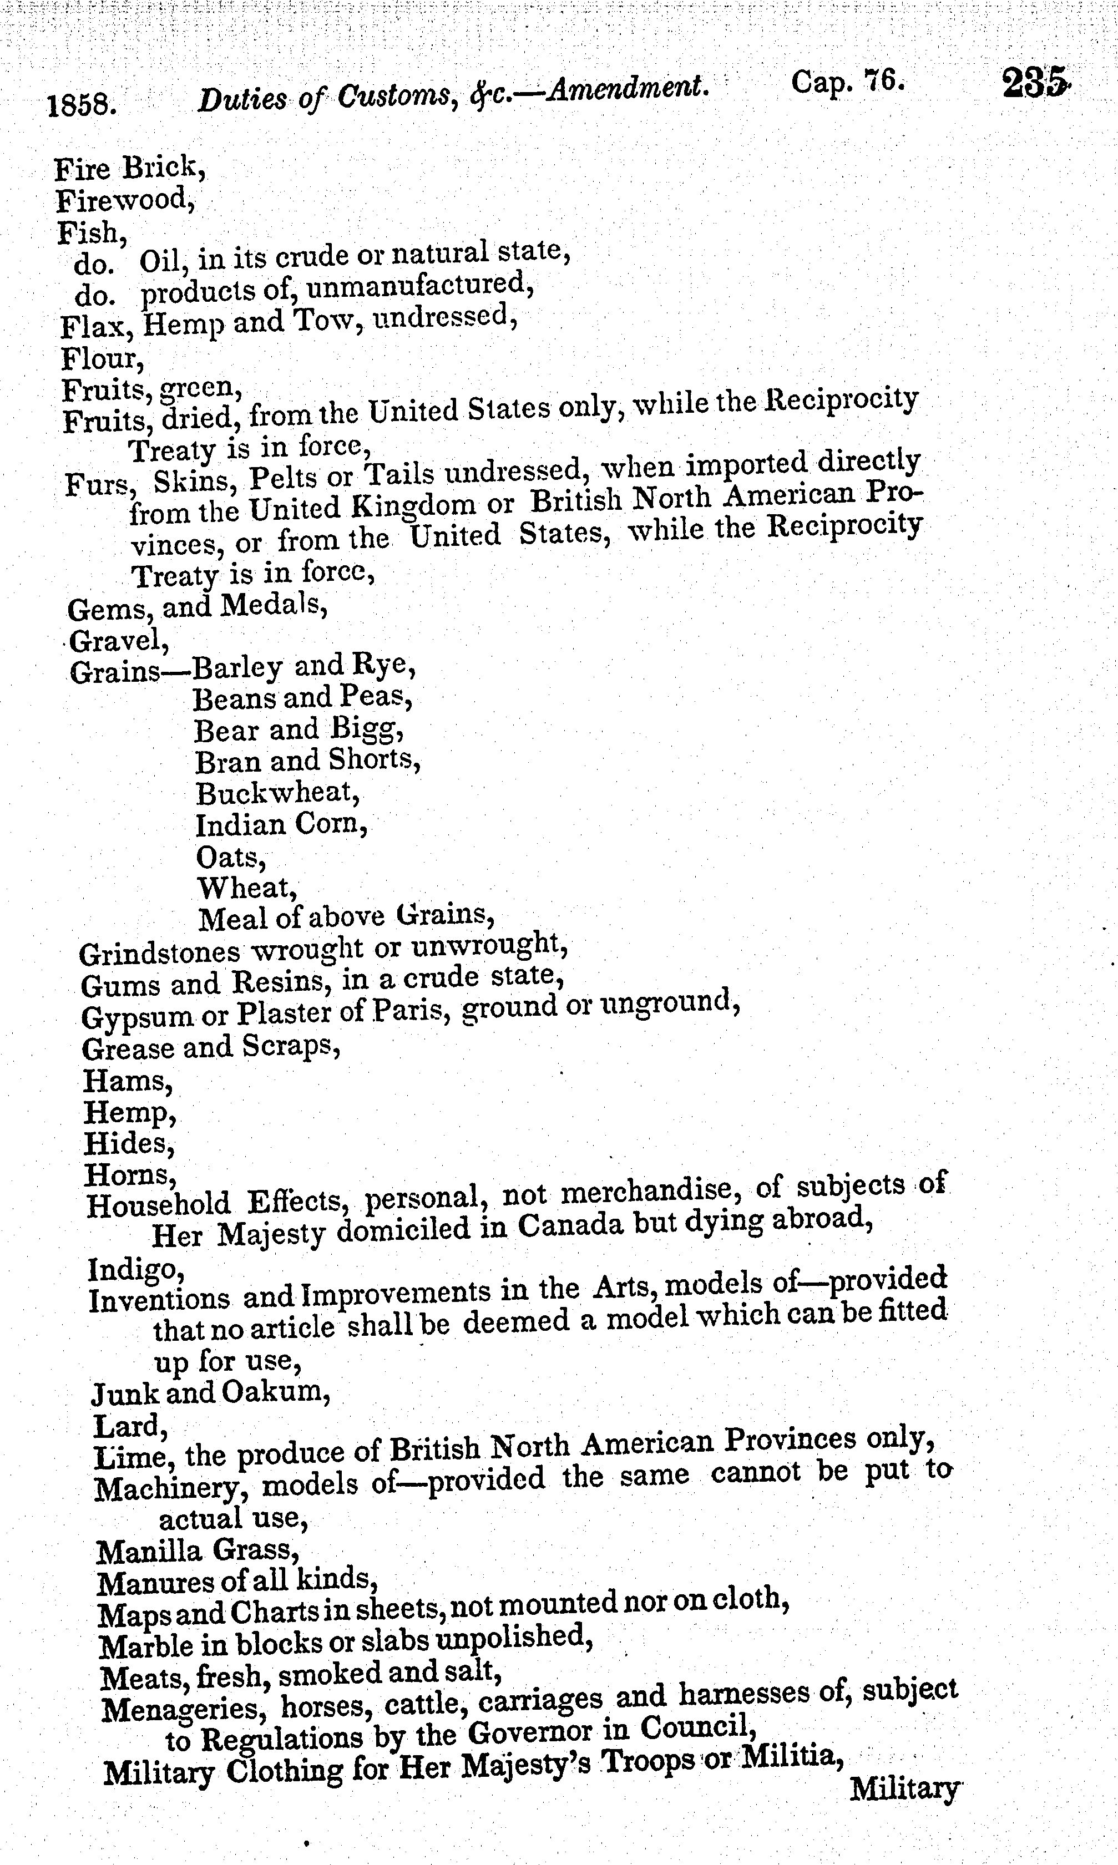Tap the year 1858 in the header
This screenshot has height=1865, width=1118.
(82, 105)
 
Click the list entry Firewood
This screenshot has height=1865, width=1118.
(125, 200)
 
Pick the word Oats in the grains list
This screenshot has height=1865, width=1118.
(230, 857)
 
